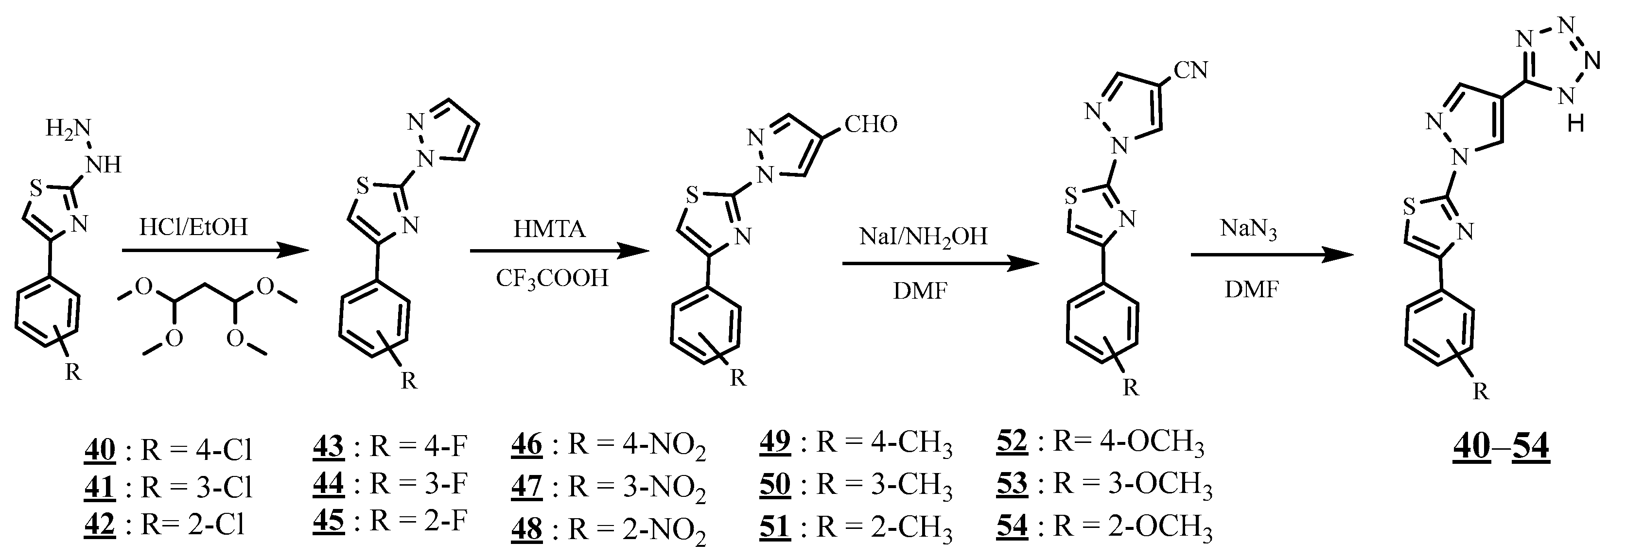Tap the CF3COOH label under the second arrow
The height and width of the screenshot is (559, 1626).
coord(552,278)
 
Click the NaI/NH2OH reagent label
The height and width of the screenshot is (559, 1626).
coord(923,237)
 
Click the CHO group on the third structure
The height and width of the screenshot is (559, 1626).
coord(871,125)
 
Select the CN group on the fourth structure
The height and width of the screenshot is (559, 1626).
coord(1190,70)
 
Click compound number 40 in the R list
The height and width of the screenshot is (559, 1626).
coord(100,450)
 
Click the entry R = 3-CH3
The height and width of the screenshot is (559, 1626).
coord(884,485)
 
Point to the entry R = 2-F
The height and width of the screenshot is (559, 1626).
coord(418,522)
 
